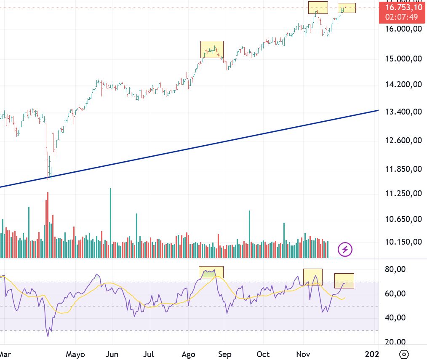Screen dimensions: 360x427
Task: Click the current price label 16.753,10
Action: click(403, 8)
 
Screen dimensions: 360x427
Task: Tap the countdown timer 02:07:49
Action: click(403, 17)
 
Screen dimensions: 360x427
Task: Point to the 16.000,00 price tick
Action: click(403, 29)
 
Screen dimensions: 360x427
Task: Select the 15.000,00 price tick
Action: click(403, 59)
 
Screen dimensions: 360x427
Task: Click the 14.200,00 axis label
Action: click(403, 85)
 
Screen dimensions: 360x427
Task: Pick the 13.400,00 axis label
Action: click(403, 112)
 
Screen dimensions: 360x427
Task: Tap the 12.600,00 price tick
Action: click(403, 140)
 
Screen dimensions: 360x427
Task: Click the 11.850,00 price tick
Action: click(403, 169)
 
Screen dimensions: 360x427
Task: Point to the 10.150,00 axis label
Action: click(403, 242)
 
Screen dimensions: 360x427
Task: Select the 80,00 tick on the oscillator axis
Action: click(395, 269)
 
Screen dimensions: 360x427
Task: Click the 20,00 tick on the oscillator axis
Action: click(395, 342)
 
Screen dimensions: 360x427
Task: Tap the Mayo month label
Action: click(76, 354)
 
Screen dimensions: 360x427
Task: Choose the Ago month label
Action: click(188, 354)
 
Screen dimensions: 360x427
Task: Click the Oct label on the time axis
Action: click(263, 354)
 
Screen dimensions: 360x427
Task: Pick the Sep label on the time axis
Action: click(225, 354)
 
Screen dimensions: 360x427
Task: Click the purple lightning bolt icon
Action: click(345, 249)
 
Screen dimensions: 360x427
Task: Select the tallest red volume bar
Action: click(48, 225)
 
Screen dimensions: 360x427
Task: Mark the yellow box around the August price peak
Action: click(212, 49)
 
